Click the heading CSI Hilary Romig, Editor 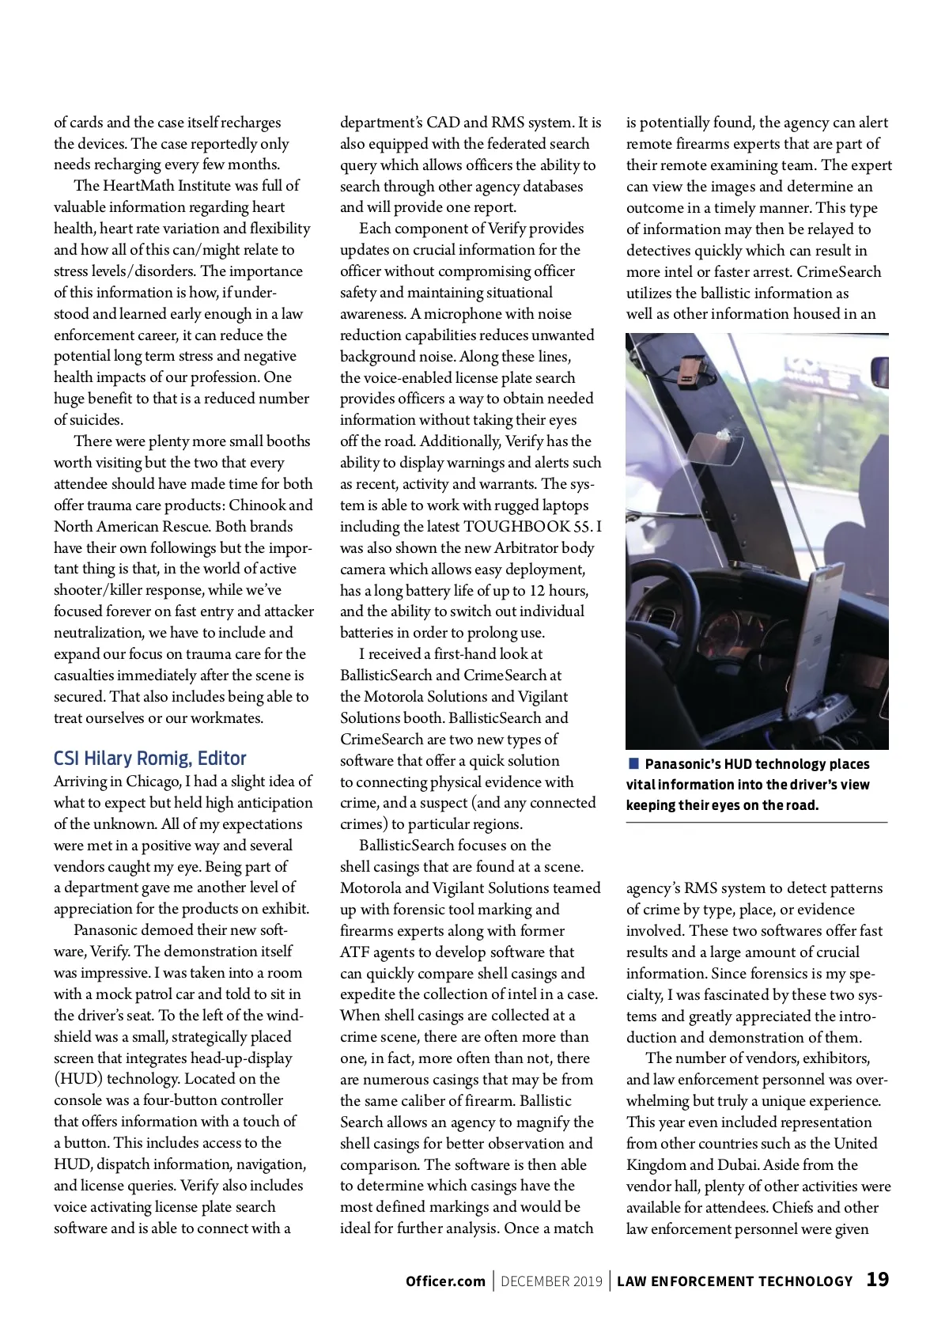(x=150, y=759)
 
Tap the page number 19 (x=877, y=1279)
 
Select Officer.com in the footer (x=445, y=1281)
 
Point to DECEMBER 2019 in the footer (x=551, y=1281)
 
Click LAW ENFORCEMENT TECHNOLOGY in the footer (x=735, y=1281)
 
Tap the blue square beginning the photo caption (x=633, y=763)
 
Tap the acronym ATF (x=355, y=952)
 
